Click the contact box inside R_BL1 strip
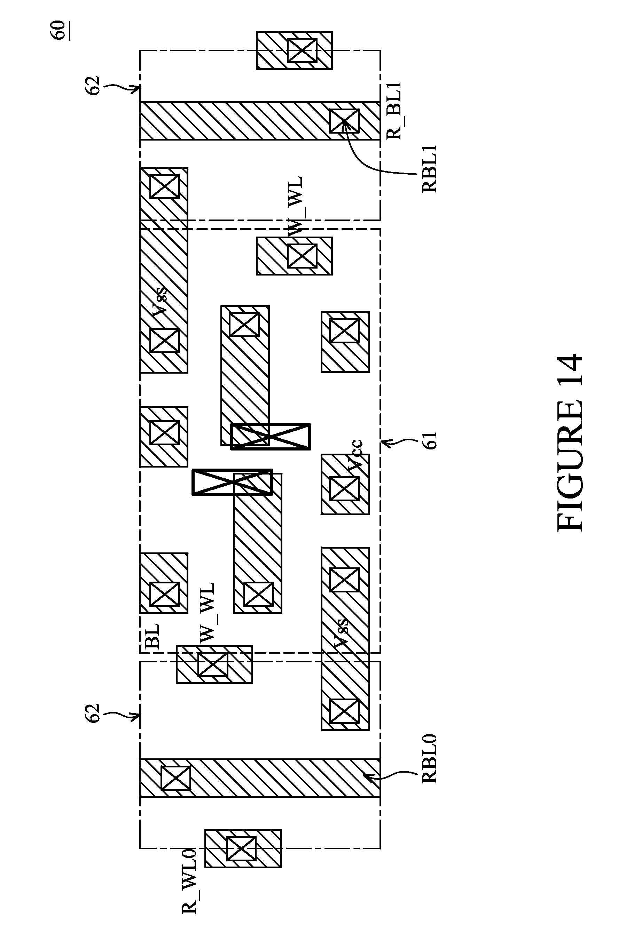point(344,121)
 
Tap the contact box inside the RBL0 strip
point(176,778)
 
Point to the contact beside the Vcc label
point(344,489)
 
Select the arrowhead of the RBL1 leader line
point(345,123)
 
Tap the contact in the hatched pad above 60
point(302,50)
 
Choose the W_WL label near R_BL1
point(295,206)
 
